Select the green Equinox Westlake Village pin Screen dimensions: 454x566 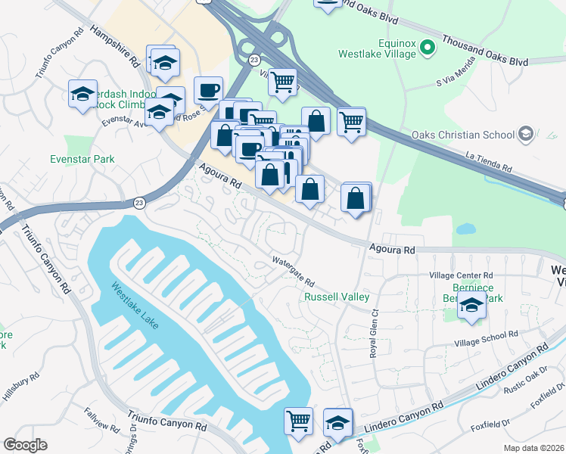428,47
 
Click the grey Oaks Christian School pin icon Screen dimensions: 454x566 525,135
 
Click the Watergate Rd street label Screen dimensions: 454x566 298,271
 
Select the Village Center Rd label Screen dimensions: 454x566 461,276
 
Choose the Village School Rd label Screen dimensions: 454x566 486,337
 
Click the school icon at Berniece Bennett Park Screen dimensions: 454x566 471,306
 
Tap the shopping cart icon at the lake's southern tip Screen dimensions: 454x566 299,420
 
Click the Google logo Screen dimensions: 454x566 25,443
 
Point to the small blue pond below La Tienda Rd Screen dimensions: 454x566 465,228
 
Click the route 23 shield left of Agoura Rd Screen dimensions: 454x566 138,203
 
